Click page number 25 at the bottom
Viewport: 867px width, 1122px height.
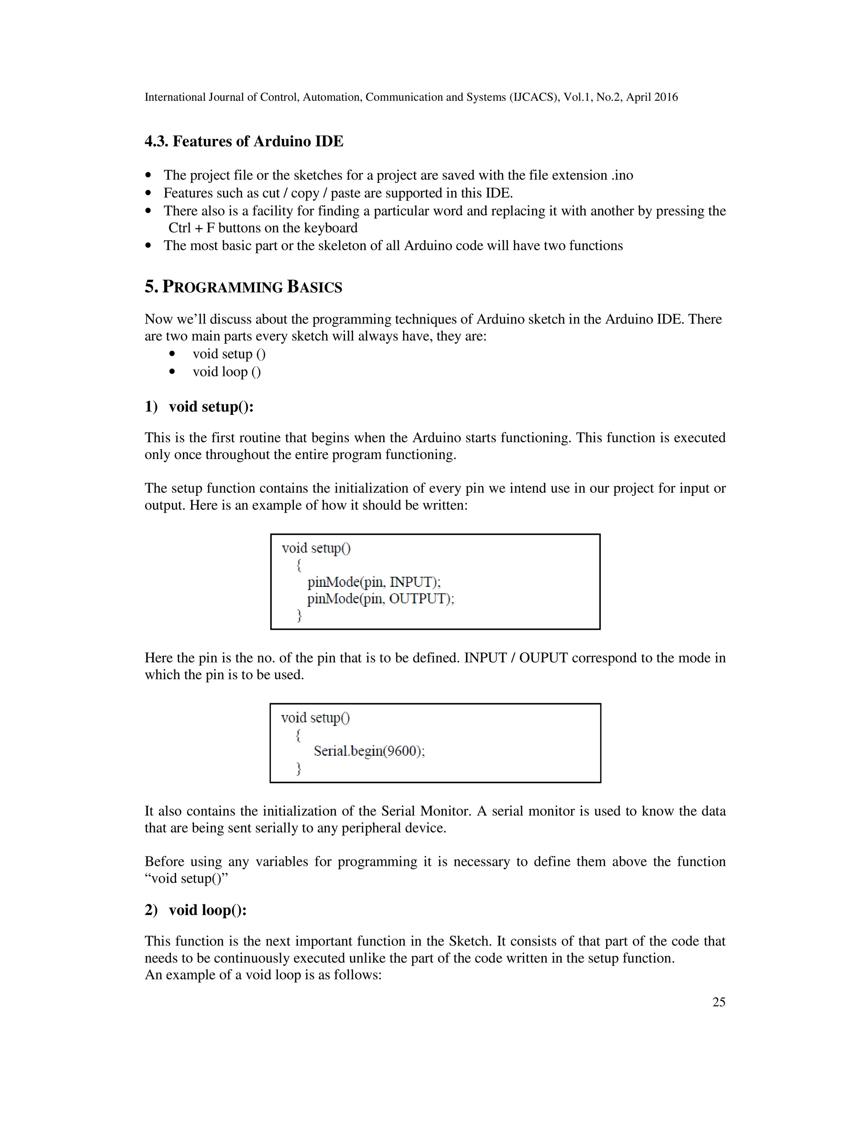pyautogui.click(x=718, y=1002)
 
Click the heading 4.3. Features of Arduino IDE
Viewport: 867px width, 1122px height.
pyautogui.click(x=244, y=141)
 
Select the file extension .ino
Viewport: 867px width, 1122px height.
pyautogui.click(x=622, y=175)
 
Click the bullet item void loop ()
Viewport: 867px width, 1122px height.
pyautogui.click(x=226, y=371)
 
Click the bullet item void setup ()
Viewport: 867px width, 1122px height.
pyautogui.click(x=229, y=354)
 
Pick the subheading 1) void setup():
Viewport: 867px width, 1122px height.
pyautogui.click(x=199, y=406)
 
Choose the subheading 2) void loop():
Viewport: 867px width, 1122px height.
pyautogui.click(x=196, y=910)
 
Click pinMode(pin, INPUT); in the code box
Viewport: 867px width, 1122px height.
pyautogui.click(x=374, y=582)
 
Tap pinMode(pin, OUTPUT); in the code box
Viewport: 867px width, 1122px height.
pyautogui.click(x=381, y=599)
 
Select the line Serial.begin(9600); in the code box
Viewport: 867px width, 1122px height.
pyautogui.click(x=369, y=751)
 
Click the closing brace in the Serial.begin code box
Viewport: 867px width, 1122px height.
pyautogui.click(x=298, y=768)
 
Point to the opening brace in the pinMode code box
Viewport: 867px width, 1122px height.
pyautogui.click(x=299, y=565)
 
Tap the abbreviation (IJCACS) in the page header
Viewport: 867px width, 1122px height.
pyautogui.click(x=534, y=97)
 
